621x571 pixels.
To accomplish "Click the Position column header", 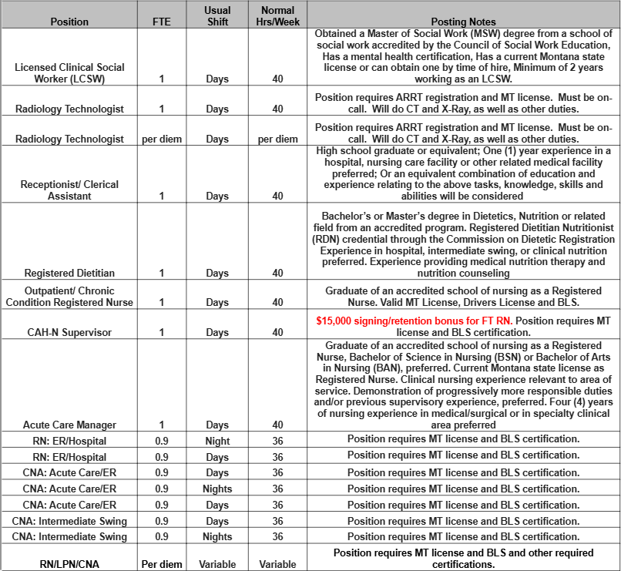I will coord(69,22).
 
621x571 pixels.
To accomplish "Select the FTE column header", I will coord(162,22).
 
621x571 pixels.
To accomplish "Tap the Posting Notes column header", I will coord(464,22).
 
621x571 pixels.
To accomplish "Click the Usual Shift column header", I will coord(217,15).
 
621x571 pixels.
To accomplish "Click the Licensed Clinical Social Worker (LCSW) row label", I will coord(69,73).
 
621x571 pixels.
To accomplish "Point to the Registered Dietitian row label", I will coord(69,273).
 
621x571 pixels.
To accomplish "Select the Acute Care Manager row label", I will coord(69,425).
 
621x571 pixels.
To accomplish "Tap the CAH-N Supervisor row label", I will coord(69,332).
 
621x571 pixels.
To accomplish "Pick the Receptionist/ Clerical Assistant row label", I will coord(69,190).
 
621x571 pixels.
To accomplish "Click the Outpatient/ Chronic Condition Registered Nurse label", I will coord(69,297).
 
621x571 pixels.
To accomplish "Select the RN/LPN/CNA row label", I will coord(69,564).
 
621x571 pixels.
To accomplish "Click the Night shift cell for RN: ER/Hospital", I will coord(217,440).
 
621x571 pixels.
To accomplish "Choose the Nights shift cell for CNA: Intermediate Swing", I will coord(217,537).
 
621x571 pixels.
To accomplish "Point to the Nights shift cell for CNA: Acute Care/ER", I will coord(217,489).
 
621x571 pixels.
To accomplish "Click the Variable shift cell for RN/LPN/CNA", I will coord(217,564).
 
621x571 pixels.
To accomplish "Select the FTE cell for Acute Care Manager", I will coord(162,425).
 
